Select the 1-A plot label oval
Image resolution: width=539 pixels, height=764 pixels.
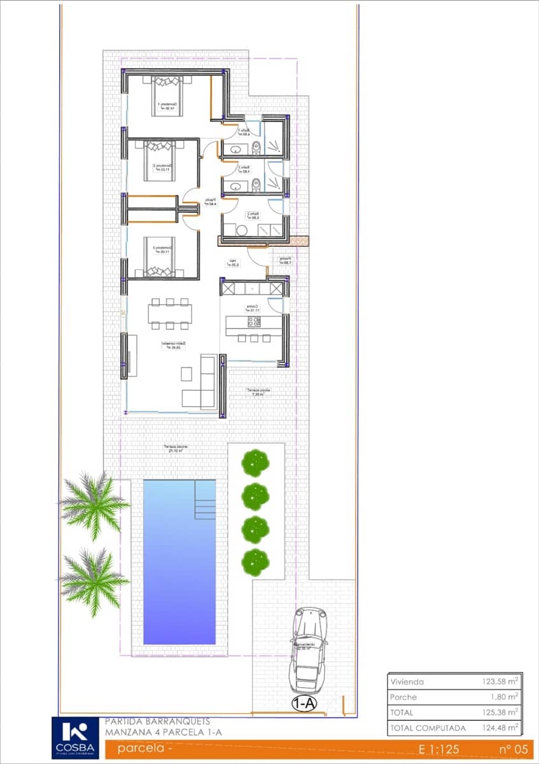coord(304,704)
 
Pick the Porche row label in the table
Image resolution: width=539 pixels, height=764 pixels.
coord(403,697)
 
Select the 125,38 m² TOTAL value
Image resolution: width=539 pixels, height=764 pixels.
coord(501,712)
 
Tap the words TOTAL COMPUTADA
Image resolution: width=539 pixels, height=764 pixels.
coord(428,728)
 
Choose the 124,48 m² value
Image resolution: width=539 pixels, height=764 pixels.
coord(501,728)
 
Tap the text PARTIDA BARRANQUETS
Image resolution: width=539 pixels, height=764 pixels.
coord(157,722)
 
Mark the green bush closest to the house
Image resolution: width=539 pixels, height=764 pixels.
coord(255,462)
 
